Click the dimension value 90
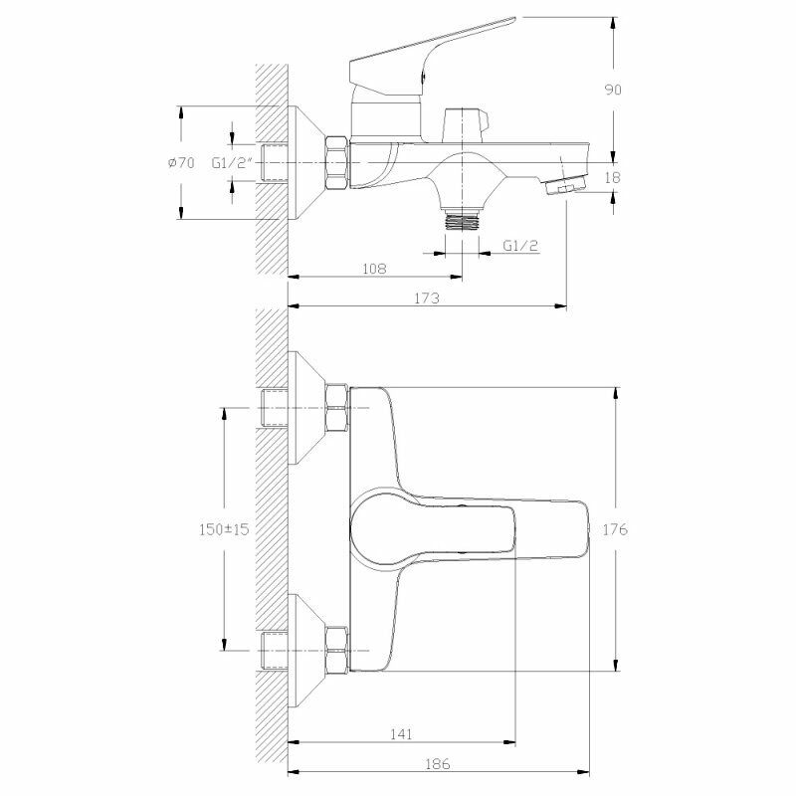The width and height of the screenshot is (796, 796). pyautogui.click(x=613, y=90)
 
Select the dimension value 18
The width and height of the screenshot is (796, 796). pyautogui.click(x=613, y=177)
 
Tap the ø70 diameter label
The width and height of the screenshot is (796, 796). pyautogui.click(x=181, y=162)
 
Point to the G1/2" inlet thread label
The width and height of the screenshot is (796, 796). pyautogui.click(x=235, y=162)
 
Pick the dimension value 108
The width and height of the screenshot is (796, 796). pyautogui.click(x=373, y=269)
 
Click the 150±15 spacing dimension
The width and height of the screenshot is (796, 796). pyautogui.click(x=222, y=529)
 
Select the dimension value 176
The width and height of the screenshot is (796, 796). pyautogui.click(x=614, y=529)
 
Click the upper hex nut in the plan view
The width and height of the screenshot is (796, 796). pyautogui.click(x=336, y=407)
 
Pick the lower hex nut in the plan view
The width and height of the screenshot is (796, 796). pyautogui.click(x=336, y=648)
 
